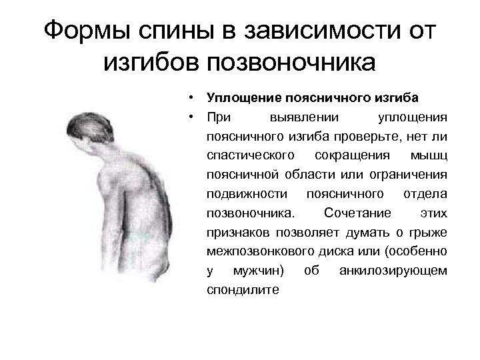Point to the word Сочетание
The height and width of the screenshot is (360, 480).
(x=353, y=214)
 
